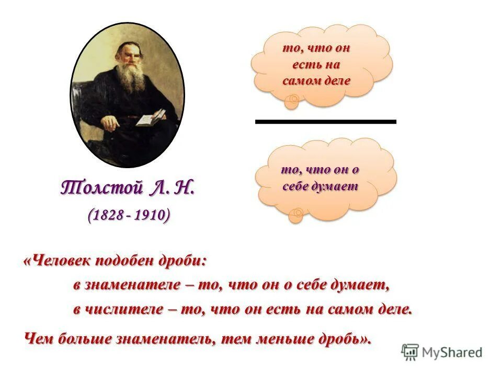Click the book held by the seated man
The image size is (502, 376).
(x=151, y=117)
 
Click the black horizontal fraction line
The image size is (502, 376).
(x=325, y=121)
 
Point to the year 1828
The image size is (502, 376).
(x=107, y=215)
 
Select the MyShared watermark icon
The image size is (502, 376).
(x=410, y=352)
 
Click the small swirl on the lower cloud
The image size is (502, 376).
(x=298, y=213)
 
